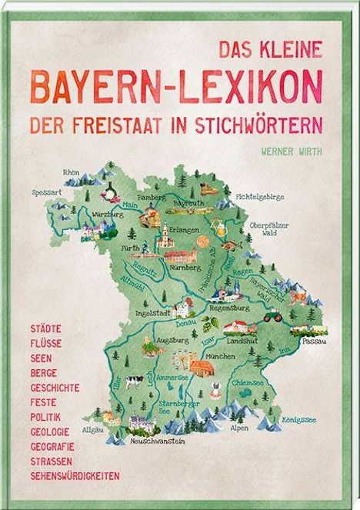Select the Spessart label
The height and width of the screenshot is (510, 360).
(x=45, y=191)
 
